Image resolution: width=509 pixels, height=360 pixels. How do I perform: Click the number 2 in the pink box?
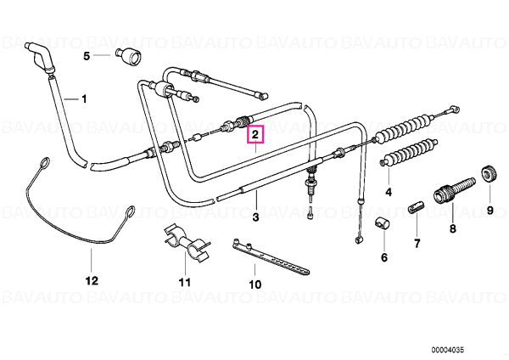[x=255, y=134]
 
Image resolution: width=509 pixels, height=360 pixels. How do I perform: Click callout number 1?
[x=84, y=98]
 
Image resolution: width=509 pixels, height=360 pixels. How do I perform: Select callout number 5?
[x=87, y=56]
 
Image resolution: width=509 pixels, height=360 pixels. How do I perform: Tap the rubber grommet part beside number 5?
[x=129, y=55]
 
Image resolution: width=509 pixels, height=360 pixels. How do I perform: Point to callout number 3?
[x=255, y=217]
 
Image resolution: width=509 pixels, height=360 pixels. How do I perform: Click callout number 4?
[x=389, y=192]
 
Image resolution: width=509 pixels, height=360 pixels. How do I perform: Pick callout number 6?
[x=384, y=257]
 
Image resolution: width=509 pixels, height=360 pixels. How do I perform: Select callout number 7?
[x=417, y=243]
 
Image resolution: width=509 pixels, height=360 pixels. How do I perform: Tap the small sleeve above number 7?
[x=415, y=207]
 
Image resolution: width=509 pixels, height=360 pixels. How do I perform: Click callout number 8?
[x=452, y=228]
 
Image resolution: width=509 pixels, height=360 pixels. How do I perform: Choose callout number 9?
[x=489, y=211]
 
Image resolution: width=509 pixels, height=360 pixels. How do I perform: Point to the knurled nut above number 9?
[x=487, y=173]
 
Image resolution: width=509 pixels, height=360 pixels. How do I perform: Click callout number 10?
[x=255, y=284]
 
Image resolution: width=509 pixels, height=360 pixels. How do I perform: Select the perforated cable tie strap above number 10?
[x=271, y=256]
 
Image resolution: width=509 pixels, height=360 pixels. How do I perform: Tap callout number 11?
[x=185, y=282]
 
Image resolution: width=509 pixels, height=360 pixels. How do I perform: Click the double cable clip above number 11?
[x=185, y=242]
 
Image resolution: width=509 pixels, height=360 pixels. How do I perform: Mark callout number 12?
[x=92, y=280]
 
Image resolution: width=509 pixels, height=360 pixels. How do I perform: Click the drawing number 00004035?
[x=448, y=350]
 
